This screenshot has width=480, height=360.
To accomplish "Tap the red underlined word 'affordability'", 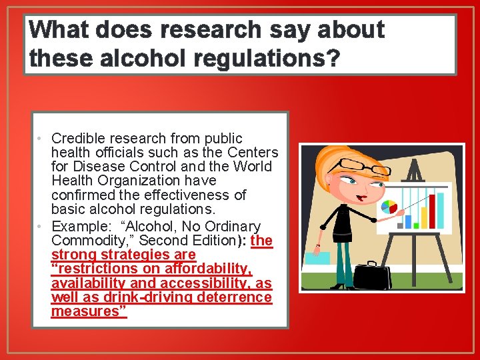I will pos(210,269).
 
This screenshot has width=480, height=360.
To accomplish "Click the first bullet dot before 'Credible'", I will pos(41,139).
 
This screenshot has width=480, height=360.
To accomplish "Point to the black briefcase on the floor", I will pos(373,275).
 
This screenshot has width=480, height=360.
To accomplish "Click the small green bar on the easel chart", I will pos(416,225).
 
